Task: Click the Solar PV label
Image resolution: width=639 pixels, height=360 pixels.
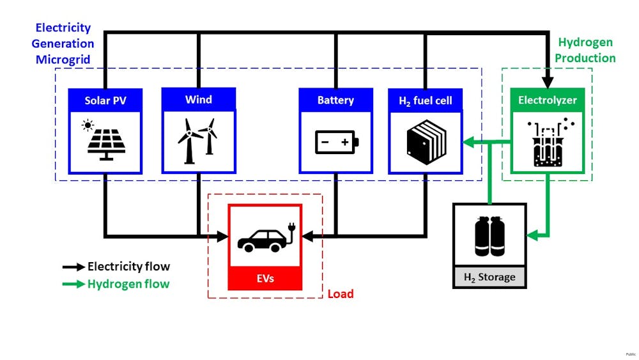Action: coord(105,100)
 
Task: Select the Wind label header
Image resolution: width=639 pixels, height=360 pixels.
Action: coord(199,100)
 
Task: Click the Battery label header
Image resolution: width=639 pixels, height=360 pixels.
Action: coord(335,100)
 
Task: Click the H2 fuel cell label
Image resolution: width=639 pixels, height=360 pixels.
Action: coord(426,100)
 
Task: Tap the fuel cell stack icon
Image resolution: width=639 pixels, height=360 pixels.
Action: coord(426,142)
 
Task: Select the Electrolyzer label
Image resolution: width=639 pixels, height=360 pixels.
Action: coord(548,100)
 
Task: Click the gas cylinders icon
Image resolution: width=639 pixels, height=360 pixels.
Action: coord(489,236)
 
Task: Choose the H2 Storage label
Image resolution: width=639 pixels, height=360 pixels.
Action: coord(489,278)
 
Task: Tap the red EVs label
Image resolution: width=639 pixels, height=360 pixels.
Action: coord(265,279)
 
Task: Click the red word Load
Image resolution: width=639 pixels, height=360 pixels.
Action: coord(341,294)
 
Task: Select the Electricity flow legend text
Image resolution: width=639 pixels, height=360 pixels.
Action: coord(128,267)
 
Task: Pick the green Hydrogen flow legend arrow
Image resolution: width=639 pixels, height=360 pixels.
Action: coord(73,284)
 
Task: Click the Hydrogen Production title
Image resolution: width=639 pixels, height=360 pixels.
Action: coord(585,51)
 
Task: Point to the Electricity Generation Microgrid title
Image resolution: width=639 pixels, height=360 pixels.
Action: coord(63,43)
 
